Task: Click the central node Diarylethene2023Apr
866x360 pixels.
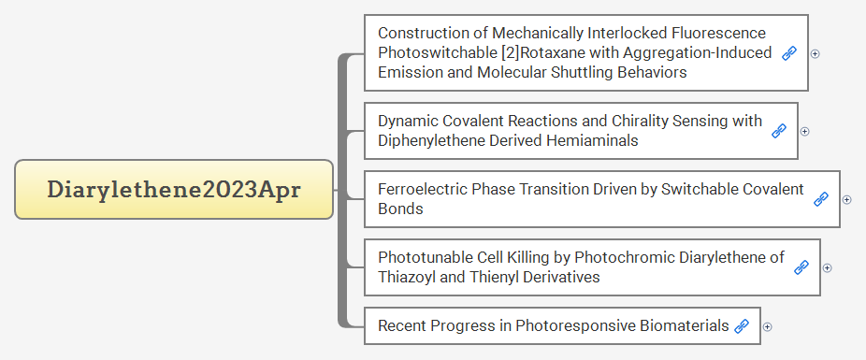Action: (x=174, y=189)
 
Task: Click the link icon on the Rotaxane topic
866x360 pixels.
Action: (x=789, y=53)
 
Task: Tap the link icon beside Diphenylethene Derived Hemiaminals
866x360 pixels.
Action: (x=779, y=131)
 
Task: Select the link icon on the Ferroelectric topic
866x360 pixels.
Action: (x=821, y=199)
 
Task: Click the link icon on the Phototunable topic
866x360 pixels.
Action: (x=801, y=267)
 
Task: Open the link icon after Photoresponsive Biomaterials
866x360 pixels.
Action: (x=742, y=326)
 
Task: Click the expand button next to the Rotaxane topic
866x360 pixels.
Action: (x=815, y=53)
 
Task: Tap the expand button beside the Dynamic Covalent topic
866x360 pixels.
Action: (x=804, y=131)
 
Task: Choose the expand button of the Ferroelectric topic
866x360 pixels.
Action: (x=846, y=199)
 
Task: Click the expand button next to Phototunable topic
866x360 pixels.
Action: (x=827, y=267)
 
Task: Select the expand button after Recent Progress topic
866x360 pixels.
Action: (x=767, y=326)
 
